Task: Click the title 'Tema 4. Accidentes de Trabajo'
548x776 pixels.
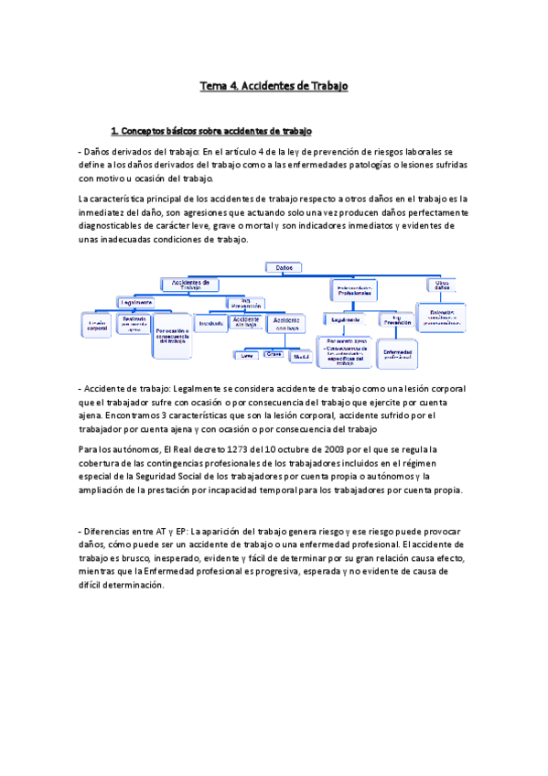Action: click(x=274, y=86)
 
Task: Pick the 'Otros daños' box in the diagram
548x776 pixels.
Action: click(x=442, y=285)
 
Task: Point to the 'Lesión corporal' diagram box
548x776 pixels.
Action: click(x=97, y=324)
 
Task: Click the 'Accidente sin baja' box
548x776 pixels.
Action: click(x=245, y=321)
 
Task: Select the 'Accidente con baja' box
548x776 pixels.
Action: click(x=287, y=324)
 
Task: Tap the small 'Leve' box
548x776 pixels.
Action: click(x=245, y=354)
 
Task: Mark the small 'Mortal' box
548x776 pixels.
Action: click(x=299, y=354)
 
